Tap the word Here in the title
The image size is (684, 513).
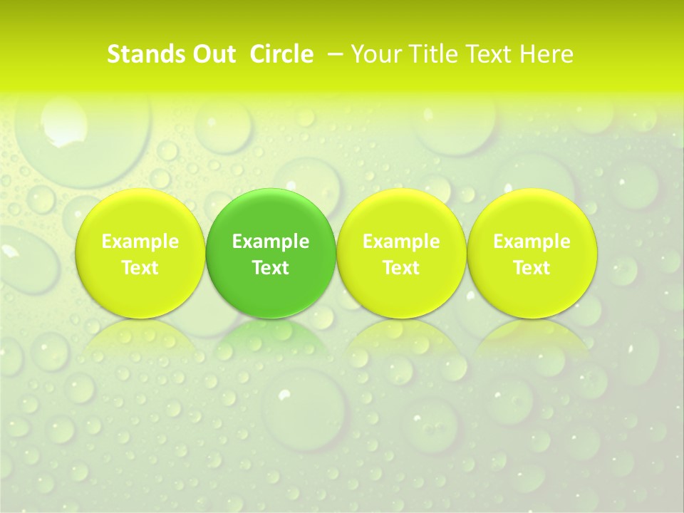[x=545, y=54]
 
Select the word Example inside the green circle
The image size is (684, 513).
[x=271, y=242]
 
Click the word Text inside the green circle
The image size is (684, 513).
[x=271, y=268]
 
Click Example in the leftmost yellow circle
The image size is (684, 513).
[x=140, y=242]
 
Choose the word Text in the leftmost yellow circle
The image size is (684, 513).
[x=140, y=268]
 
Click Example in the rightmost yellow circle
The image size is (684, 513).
[x=532, y=242]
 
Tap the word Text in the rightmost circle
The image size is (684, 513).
[x=532, y=268]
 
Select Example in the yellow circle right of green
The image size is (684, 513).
[x=401, y=242]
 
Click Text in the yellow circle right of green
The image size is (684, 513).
[x=401, y=268]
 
